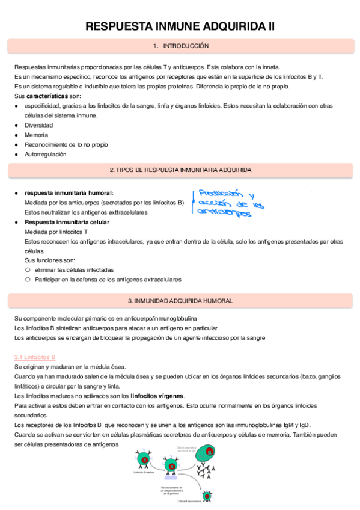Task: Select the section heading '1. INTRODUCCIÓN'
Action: pos(180,46)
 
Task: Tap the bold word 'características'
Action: pos(47,96)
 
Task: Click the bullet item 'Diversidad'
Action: pos(38,125)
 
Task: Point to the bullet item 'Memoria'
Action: pos(36,135)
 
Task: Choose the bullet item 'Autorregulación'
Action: pos(45,154)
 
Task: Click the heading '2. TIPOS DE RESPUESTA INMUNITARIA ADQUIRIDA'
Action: pos(180,170)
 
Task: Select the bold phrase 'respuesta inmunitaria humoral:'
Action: pos(69,192)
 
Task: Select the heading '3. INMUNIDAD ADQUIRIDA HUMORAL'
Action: pos(180,300)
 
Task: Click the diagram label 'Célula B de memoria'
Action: pos(190,500)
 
